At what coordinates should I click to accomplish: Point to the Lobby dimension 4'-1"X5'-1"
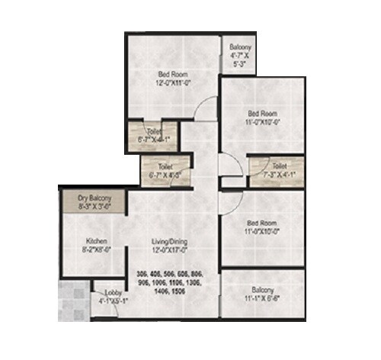[107, 301]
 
